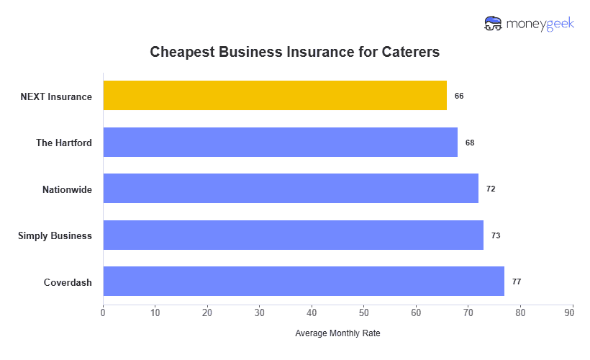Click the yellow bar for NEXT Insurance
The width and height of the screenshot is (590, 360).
[x=275, y=96]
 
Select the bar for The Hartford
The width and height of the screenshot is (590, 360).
[x=281, y=143]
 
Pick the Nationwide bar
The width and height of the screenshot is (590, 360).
[x=291, y=189]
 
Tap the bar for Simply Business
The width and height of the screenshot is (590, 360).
[x=294, y=235]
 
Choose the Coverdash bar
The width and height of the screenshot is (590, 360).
[x=304, y=282]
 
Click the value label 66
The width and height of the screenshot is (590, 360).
[x=459, y=96]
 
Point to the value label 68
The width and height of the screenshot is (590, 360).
[x=470, y=143]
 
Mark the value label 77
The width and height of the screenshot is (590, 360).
[x=517, y=282]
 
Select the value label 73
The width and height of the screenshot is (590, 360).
[x=496, y=235]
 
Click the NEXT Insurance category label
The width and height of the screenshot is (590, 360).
[x=56, y=96]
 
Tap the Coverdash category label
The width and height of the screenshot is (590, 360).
[x=68, y=282]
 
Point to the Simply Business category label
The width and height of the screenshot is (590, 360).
[x=55, y=235]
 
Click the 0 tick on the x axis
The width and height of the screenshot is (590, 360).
[x=103, y=312]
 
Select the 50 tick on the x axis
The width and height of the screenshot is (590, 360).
[x=364, y=312]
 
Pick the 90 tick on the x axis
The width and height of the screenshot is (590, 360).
[x=573, y=312]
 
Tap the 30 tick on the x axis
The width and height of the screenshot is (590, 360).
[x=260, y=312]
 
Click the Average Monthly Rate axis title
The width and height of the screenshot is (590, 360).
[x=337, y=334]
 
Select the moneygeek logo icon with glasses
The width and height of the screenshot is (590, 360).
[x=494, y=24]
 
